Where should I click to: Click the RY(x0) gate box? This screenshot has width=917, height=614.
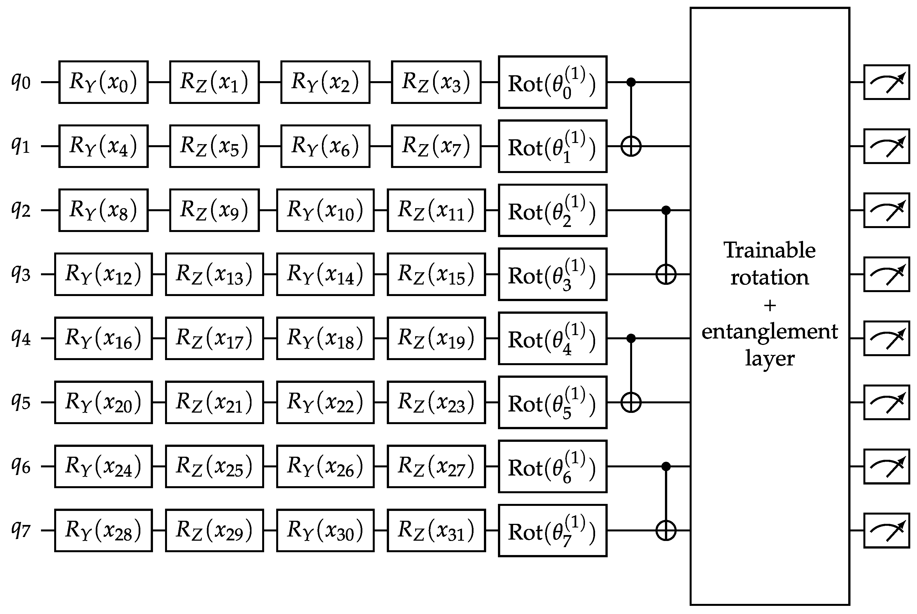(103, 82)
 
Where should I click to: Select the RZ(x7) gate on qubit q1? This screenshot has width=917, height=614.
(436, 146)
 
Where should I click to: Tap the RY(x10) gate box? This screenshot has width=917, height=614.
(325, 210)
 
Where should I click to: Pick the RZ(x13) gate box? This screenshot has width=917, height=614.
(214, 274)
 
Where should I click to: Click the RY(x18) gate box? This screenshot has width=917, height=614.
(325, 338)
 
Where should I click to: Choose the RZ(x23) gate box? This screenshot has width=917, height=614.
(436, 402)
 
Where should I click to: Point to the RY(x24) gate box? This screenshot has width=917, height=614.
(103, 466)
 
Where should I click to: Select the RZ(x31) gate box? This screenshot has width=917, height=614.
(436, 530)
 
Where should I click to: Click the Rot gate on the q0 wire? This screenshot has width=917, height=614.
(552, 82)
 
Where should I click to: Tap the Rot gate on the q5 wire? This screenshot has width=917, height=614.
(552, 402)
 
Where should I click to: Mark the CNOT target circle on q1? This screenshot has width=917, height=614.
(631, 146)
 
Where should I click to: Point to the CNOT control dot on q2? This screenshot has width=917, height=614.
(666, 210)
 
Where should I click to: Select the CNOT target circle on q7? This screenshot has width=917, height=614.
(666, 530)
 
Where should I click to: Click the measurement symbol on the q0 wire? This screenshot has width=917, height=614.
(886, 82)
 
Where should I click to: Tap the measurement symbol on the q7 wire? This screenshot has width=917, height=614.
(886, 530)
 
